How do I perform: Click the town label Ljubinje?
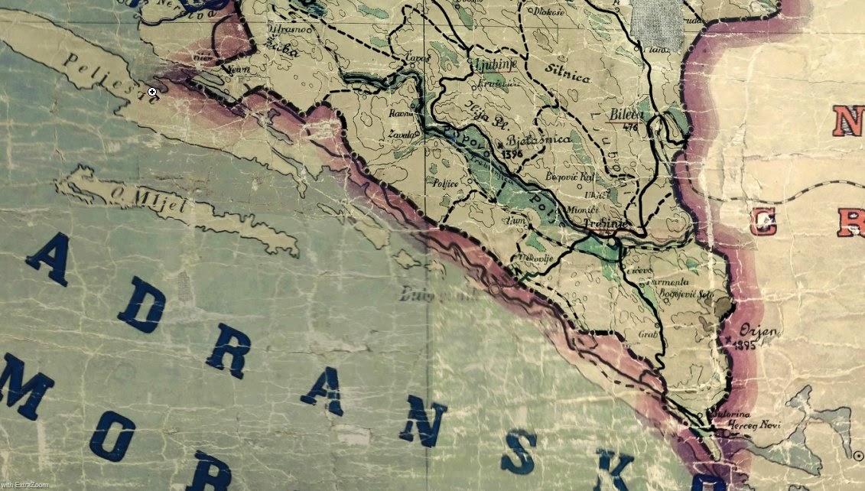[x=493, y=65]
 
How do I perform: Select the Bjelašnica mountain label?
[x=540, y=140]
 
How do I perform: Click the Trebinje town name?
[x=605, y=223]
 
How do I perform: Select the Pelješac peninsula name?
[x=99, y=73]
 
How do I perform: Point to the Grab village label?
[x=647, y=334]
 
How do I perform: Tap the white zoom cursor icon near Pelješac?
[x=152, y=93]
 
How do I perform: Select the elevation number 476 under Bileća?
[x=630, y=127]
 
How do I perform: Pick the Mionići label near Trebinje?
[x=580, y=208]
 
